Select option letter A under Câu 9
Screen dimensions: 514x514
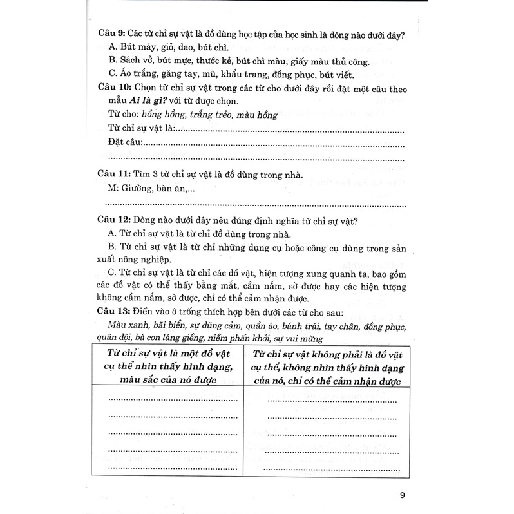(x=113, y=48)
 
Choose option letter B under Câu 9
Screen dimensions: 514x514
(x=113, y=62)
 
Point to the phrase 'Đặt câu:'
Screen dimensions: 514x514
(x=126, y=144)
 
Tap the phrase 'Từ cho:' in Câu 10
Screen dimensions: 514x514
(x=123, y=115)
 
